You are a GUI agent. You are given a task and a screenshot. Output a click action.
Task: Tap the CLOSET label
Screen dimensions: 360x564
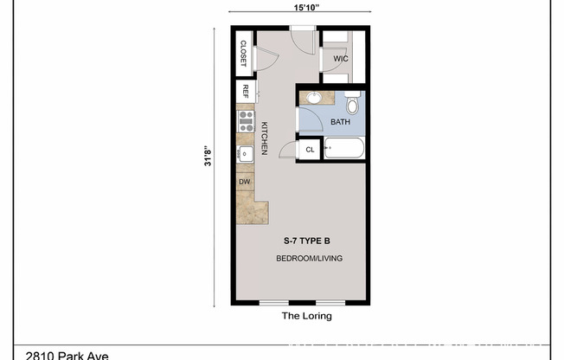244,54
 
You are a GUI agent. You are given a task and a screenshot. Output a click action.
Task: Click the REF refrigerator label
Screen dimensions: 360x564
246,91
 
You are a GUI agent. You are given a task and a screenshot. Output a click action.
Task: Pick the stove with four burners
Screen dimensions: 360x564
245,120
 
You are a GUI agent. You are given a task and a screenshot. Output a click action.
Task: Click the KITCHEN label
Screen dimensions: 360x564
265,138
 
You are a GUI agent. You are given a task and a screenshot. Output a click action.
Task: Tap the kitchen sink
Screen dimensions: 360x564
245,155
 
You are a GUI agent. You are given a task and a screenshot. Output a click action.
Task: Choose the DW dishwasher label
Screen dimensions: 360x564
245,182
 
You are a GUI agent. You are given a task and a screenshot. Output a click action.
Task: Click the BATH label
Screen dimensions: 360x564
341,123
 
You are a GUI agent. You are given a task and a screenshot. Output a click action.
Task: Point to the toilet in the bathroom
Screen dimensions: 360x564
351,106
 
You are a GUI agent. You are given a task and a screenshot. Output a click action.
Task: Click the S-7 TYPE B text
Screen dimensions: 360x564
306,240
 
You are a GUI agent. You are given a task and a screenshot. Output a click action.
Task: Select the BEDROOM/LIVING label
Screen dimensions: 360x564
306,259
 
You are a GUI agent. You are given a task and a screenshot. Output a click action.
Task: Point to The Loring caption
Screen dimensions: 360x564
306,317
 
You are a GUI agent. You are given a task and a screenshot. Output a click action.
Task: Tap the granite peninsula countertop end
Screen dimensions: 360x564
258,211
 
